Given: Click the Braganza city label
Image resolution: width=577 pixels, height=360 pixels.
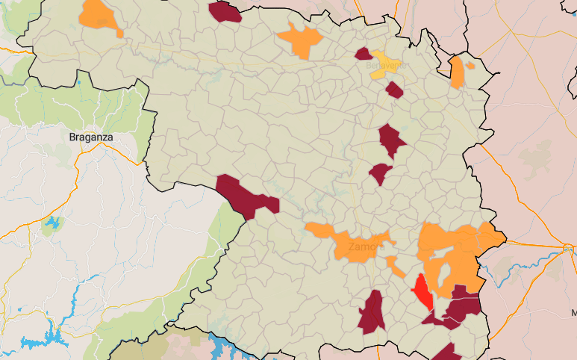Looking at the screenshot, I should [90, 137].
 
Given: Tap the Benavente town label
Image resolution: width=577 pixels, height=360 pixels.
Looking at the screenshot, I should [386, 66].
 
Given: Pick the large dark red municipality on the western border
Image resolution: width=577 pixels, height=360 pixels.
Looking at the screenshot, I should [245, 196].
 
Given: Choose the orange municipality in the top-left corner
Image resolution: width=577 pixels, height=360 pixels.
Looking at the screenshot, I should [101, 14].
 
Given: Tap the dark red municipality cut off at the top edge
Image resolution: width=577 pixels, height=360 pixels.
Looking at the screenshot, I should [225, 11].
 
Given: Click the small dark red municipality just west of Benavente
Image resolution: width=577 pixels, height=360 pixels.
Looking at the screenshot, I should [364, 53].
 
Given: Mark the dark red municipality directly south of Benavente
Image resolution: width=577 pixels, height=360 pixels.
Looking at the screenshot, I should [394, 90].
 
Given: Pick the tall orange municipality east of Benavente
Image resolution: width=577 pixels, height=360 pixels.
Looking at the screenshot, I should [457, 72].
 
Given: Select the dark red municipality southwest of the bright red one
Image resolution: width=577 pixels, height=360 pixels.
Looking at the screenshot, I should [372, 312].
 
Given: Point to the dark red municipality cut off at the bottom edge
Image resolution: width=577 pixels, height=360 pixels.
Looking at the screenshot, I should [446, 353].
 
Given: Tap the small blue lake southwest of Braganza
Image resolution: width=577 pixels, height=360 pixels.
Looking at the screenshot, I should [52, 222].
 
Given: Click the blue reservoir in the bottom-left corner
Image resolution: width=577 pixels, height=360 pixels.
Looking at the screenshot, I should [34, 343].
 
